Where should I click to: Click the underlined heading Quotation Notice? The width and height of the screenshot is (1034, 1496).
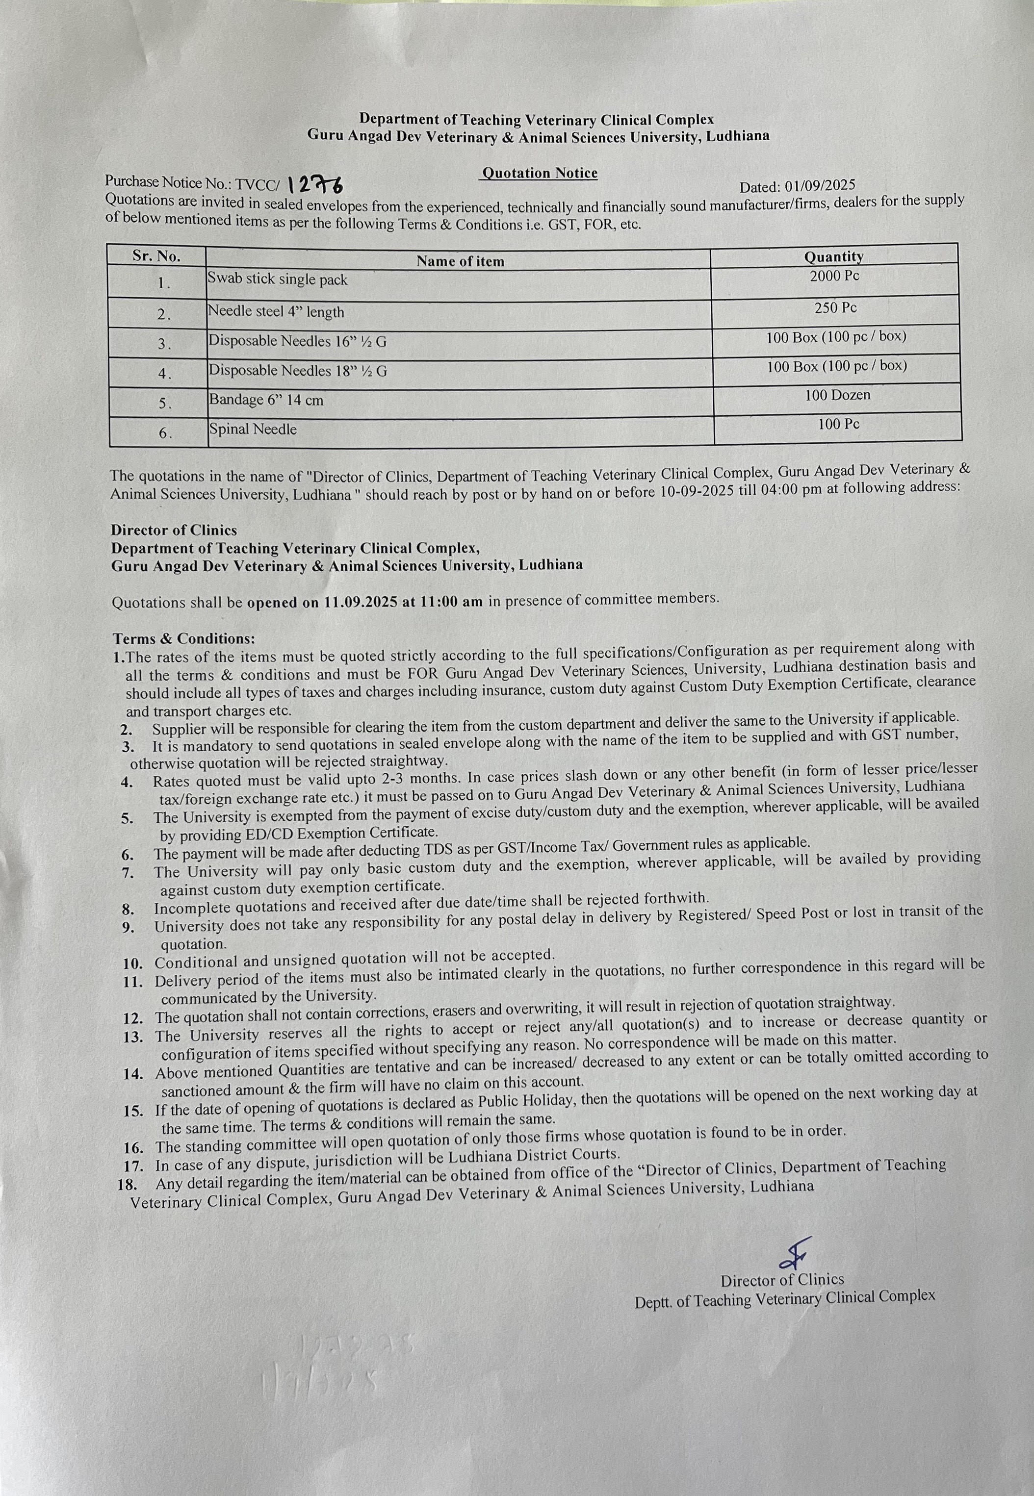click(539, 174)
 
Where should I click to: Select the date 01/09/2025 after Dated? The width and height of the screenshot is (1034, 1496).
click(820, 186)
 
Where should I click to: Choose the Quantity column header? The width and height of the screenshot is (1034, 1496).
click(833, 257)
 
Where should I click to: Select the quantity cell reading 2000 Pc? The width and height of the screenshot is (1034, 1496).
click(834, 277)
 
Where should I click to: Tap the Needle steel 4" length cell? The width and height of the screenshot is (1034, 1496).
click(276, 311)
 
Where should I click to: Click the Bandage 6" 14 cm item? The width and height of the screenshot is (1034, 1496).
click(266, 400)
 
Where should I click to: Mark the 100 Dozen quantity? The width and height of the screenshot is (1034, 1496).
click(838, 395)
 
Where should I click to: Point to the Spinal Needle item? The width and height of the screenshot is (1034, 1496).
click(253, 430)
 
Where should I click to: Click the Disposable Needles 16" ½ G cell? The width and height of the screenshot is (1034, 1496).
click(297, 341)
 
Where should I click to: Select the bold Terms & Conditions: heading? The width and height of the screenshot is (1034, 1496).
click(184, 638)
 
